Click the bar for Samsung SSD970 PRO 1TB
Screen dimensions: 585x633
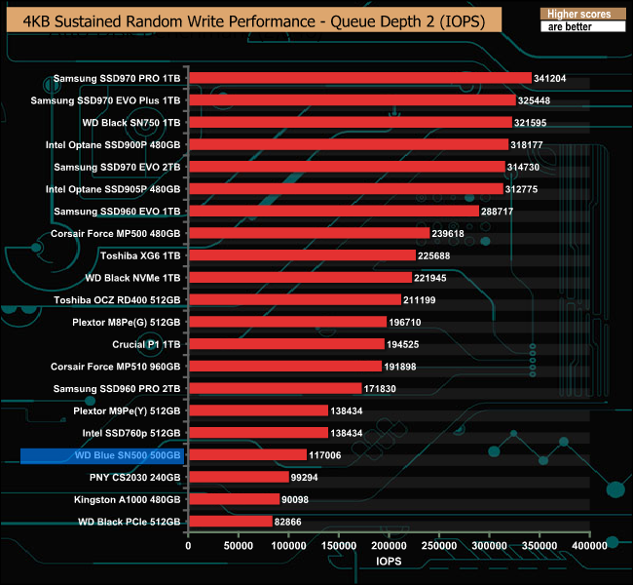pos(359,78)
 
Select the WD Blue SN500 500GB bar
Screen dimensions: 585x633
pos(247,455)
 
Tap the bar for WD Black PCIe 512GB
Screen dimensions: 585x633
pos(230,522)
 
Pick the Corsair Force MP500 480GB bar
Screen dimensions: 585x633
pos(309,233)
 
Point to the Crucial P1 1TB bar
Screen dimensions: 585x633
pos(286,344)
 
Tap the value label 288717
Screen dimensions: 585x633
pos(501,211)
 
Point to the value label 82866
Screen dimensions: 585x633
pos(292,522)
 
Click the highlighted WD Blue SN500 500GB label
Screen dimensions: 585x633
pos(101,455)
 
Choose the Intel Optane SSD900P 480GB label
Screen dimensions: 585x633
pos(113,144)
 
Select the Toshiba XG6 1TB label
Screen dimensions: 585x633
pos(140,255)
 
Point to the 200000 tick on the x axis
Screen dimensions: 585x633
pos(389,547)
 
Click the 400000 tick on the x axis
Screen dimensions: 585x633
pos(589,547)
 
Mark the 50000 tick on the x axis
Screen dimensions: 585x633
pos(239,547)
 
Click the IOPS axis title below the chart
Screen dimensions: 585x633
pos(388,564)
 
